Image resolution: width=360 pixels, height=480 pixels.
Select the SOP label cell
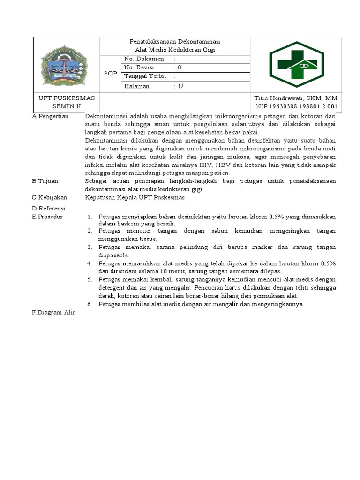tap(111, 74)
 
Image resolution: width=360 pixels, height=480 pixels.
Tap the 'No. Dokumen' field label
tap(144, 59)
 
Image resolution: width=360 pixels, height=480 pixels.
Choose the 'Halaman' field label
tap(137, 86)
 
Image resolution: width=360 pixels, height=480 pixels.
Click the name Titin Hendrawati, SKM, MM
tap(295, 98)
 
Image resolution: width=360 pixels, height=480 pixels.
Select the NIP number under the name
tap(296, 106)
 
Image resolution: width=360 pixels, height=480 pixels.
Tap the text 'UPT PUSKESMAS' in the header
tap(67, 98)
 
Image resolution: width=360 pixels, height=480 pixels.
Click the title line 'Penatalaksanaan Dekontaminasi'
tap(175, 42)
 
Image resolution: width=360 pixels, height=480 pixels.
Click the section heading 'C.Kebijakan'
tap(50, 198)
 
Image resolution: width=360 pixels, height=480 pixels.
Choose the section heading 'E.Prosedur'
tap(47, 217)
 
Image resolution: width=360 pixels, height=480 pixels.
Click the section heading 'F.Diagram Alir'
tap(53, 312)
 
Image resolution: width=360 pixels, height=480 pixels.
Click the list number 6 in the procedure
tap(90, 304)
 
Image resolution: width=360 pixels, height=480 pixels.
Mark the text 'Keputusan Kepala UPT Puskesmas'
tap(135, 198)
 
